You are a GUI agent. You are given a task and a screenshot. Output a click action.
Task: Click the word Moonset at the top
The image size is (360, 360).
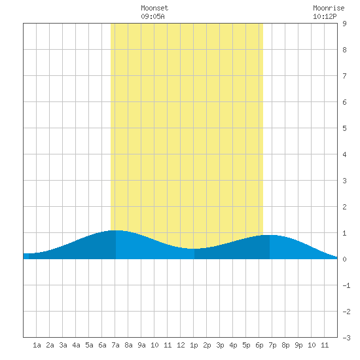click(x=154, y=8)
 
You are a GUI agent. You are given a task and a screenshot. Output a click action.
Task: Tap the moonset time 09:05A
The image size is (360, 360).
click(x=153, y=16)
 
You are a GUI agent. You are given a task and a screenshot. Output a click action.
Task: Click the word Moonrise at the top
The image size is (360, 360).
click(x=329, y=8)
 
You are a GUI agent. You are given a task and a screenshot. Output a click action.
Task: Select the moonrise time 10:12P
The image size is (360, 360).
click(x=325, y=16)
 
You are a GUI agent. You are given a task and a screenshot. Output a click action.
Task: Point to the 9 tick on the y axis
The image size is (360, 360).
click(x=344, y=24)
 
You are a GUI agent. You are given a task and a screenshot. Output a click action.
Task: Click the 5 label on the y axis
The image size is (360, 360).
click(x=344, y=128)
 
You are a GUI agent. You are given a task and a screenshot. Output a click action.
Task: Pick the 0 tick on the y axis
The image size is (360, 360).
click(x=344, y=259)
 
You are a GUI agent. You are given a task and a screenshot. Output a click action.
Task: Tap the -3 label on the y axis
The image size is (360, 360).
click(x=346, y=338)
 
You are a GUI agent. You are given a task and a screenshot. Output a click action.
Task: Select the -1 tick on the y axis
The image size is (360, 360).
click(x=346, y=285)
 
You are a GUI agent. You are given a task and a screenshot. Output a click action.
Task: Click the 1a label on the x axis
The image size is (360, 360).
click(x=37, y=345)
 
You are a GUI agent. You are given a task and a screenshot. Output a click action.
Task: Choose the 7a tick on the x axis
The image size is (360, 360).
click(x=115, y=345)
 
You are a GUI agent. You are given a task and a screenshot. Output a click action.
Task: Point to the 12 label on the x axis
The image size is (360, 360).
click(x=181, y=345)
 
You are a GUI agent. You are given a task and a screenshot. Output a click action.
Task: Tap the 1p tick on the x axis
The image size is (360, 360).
click(x=194, y=345)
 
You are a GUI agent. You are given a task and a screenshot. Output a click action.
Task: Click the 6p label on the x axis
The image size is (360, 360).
click(x=259, y=345)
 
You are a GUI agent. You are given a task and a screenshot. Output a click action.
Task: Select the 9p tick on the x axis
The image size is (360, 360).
click(x=298, y=345)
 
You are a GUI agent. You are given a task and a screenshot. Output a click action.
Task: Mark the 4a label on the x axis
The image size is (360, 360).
click(x=76, y=345)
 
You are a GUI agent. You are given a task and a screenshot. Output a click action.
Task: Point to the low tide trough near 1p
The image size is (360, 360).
click(x=194, y=249)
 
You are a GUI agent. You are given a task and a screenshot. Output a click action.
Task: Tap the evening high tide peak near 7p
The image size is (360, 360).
click(x=270, y=236)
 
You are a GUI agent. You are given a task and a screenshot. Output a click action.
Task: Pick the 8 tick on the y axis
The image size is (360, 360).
click(x=344, y=50)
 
